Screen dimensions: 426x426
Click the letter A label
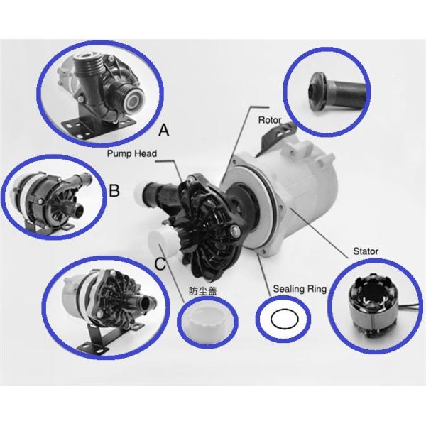point(163,130)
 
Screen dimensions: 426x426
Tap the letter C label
point(160,263)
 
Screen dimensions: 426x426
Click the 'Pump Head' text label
point(132,153)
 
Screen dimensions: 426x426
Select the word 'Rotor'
point(270,120)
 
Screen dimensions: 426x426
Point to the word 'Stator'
point(366,251)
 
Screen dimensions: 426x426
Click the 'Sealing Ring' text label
point(300,289)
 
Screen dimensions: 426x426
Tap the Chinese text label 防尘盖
point(202,291)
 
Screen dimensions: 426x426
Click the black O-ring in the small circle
point(285,319)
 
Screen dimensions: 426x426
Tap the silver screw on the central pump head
point(236,231)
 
